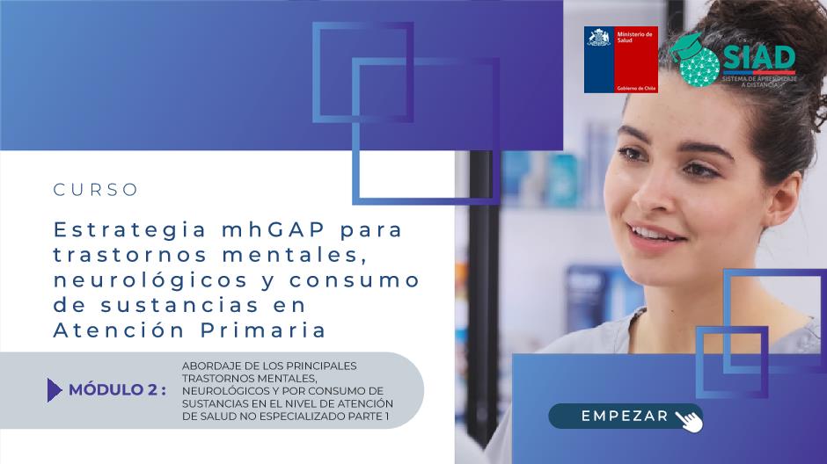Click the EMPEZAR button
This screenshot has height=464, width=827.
tap(625, 416)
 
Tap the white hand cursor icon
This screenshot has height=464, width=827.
tap(689, 421)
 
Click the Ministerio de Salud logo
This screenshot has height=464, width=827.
tap(621, 60)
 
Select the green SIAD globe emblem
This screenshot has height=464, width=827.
tap(696, 61)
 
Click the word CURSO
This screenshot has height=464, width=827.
tap(96, 190)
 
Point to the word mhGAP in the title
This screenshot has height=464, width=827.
tap(274, 230)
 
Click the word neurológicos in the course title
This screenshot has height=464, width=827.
tap(150, 280)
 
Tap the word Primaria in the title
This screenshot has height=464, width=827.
tap(264, 330)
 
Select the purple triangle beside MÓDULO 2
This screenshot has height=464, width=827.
tap(55, 389)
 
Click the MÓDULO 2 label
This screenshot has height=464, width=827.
tap(117, 389)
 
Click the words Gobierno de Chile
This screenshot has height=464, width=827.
tap(636, 89)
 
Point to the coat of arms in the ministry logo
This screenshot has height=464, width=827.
tap(599, 39)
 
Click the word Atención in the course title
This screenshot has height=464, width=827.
tap(120, 330)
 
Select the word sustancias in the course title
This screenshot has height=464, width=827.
tap(179, 306)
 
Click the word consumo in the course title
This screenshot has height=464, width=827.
tap(355, 280)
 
